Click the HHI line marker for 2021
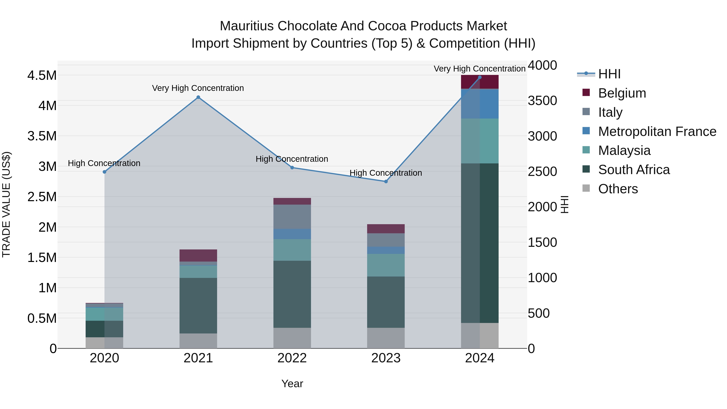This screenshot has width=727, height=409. point(198,97)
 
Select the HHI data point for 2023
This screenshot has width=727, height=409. point(386,182)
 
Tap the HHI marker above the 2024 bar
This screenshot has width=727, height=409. point(479,77)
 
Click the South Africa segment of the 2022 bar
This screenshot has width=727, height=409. point(292,294)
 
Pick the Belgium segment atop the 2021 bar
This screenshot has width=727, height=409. point(198,255)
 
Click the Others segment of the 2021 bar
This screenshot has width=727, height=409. point(198,341)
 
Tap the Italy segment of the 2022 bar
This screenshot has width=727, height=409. point(292,217)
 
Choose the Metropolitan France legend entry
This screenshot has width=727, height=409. point(657,131)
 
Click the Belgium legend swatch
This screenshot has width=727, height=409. point(586,93)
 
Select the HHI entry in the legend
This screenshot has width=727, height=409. point(609,74)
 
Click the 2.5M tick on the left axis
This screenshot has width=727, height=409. point(42,197)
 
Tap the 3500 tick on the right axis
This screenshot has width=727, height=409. point(542,101)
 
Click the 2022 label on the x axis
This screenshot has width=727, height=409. point(292,358)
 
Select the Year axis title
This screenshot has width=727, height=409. point(292,384)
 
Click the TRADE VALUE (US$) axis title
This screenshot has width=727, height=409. point(6,204)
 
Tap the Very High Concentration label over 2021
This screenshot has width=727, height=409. point(198,88)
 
